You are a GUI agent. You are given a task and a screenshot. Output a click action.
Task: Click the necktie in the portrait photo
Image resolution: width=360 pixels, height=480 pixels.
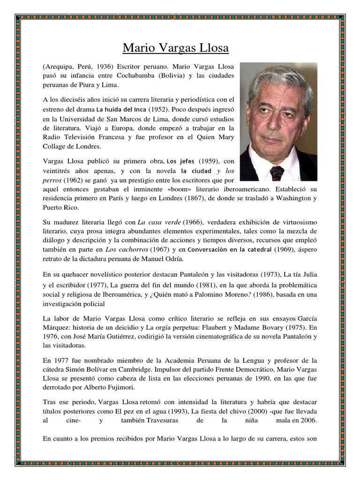coord(277,172)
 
